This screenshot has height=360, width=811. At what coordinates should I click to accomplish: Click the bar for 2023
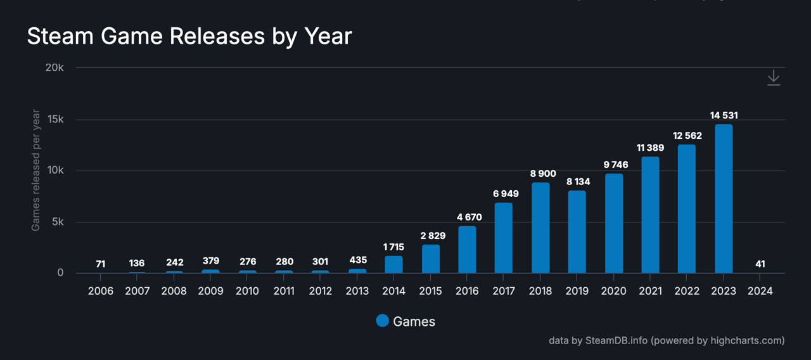724,199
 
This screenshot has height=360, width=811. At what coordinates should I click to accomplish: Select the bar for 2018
540,228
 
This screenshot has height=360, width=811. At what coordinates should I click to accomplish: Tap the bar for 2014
393,264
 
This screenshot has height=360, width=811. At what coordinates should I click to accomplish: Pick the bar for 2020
614,224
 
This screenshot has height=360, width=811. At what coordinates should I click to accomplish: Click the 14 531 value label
724,115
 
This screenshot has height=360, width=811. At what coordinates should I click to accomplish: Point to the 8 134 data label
577,181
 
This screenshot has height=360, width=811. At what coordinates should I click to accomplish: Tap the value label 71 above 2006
101,264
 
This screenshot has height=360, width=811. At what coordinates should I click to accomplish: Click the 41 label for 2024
760,264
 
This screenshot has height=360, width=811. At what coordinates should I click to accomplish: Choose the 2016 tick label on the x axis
467,291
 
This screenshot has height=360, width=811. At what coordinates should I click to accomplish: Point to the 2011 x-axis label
284,291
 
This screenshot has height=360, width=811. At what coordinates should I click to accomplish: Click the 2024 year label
760,291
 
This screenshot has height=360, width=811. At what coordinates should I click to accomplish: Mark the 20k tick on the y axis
54,68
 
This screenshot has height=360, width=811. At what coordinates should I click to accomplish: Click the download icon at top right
774,77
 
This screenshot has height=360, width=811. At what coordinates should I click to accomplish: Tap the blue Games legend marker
382,321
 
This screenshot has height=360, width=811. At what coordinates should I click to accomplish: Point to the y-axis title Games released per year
36,170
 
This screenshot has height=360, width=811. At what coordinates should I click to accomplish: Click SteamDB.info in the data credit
616,340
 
